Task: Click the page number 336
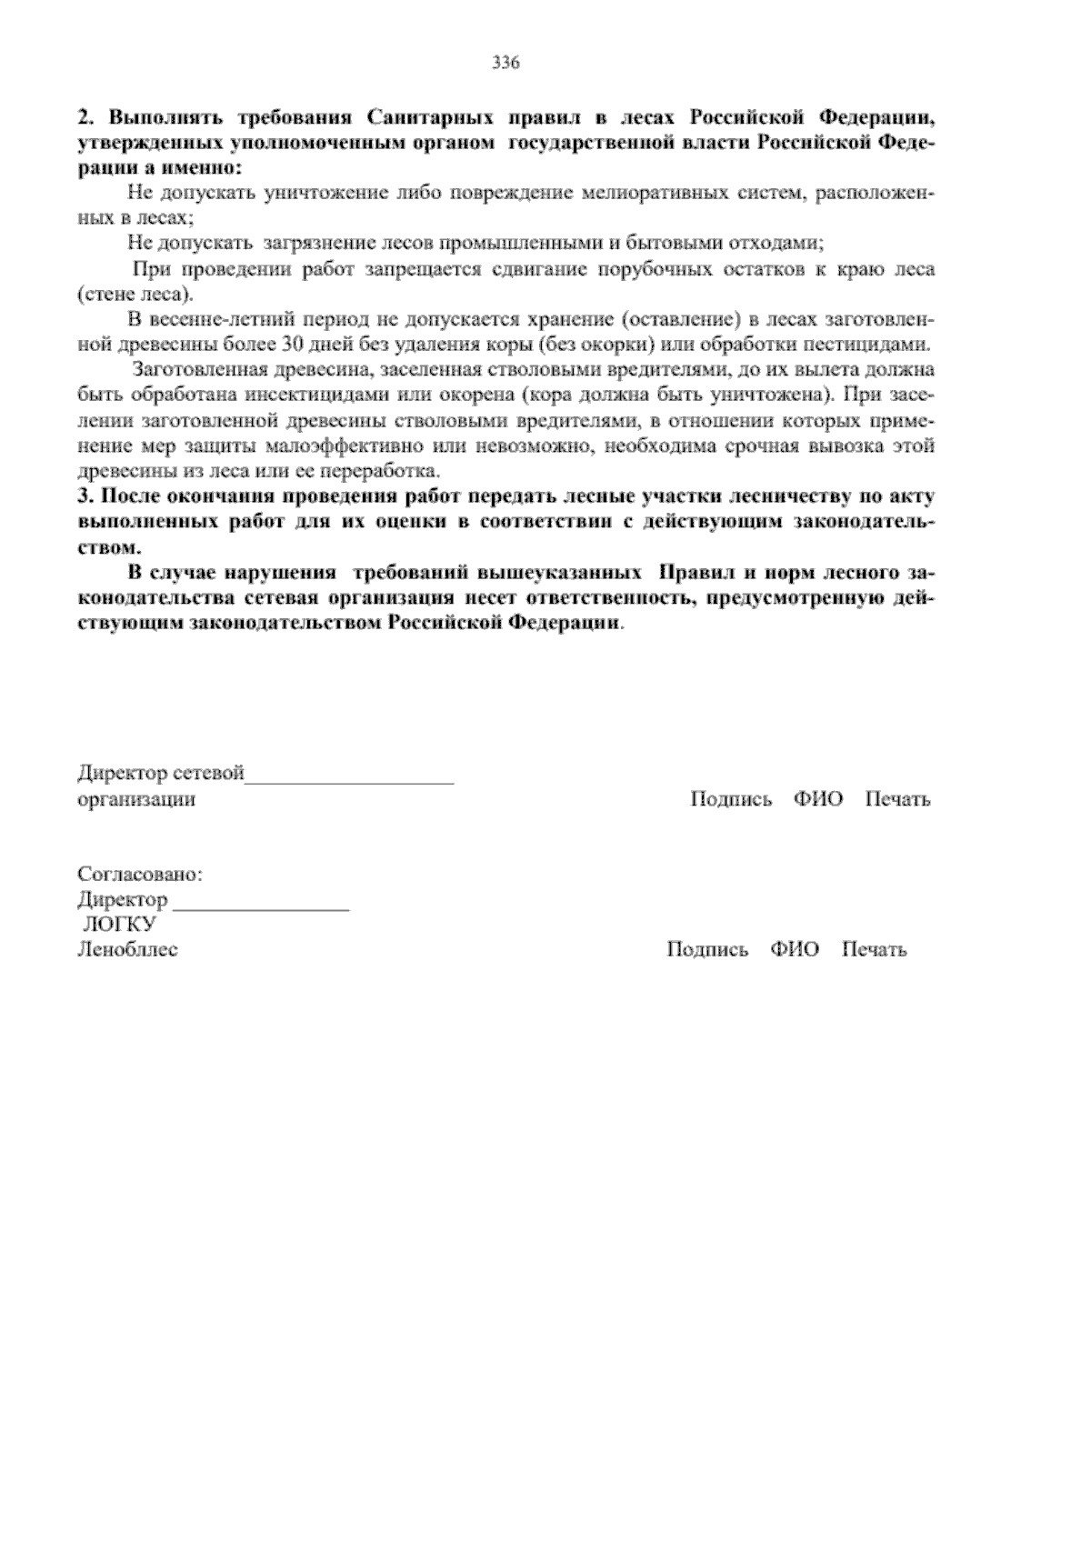[505, 63]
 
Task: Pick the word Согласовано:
[140, 875]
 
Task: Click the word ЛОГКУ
[118, 925]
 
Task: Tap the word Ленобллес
[128, 950]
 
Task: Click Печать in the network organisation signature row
[897, 799]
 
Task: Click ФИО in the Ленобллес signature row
[795, 950]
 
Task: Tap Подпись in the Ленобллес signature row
[707, 950]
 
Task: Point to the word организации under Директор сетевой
[136, 799]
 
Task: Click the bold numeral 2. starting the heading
[85, 118]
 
